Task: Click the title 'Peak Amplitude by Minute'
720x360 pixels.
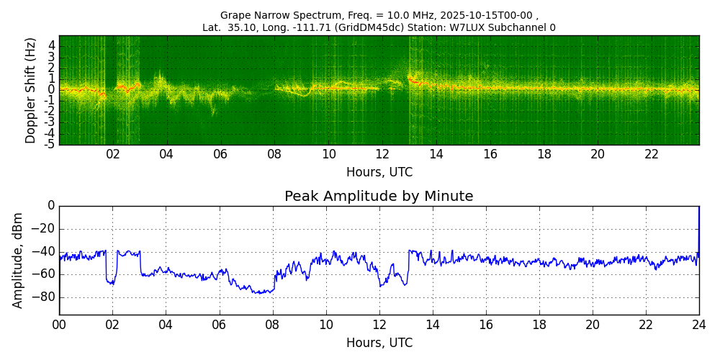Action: pos(379,197)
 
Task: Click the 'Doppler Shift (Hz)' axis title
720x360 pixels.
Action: pos(31,91)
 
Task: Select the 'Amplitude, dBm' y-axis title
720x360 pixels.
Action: pos(18,260)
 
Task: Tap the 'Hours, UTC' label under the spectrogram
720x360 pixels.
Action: pos(379,173)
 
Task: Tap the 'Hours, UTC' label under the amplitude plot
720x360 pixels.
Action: pos(379,343)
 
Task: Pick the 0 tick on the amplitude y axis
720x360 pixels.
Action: pos(50,206)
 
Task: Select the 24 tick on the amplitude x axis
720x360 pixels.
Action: pos(698,325)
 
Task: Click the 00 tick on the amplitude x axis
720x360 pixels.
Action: pos(59,325)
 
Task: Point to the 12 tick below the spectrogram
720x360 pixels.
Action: pos(382,154)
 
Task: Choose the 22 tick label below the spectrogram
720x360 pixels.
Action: pos(652,154)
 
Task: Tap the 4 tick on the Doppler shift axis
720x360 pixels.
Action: pos(51,45)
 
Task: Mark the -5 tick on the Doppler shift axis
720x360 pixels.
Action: pos(49,144)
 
